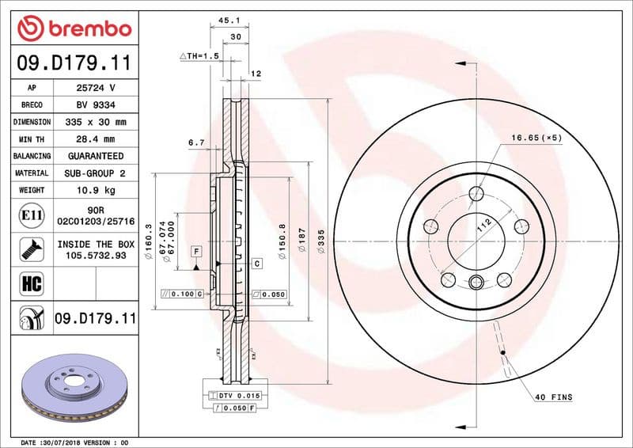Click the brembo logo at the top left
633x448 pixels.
[74, 29]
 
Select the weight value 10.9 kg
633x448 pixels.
[96, 190]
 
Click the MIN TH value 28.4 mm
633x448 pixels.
[96, 139]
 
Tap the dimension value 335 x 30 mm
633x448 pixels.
[96, 123]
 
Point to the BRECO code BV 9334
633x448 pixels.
[96, 105]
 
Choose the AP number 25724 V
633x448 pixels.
[96, 88]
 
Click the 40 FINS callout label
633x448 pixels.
[554, 397]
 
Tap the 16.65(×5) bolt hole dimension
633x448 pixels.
[536, 137]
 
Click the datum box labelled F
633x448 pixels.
[195, 251]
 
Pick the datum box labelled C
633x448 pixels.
[257, 263]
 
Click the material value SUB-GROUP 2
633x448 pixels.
[96, 173]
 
